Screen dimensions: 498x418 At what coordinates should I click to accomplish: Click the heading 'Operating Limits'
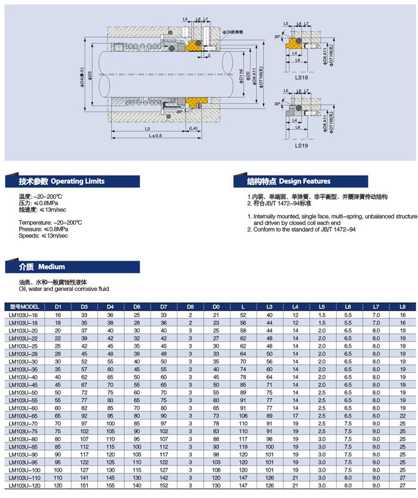pos(78,181)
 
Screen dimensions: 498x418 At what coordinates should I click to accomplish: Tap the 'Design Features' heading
pos(304,181)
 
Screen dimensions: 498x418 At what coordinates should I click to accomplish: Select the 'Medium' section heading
pos(51,267)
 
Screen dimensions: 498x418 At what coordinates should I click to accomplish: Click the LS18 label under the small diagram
pos(300,77)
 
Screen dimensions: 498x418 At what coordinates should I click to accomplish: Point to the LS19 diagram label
pos(300,144)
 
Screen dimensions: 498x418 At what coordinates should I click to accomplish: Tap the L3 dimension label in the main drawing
pos(146,129)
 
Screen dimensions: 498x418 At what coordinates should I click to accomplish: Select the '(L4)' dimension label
pos(193,129)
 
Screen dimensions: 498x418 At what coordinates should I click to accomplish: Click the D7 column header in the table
pos(163,307)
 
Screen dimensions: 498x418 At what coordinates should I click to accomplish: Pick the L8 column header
pos(402,307)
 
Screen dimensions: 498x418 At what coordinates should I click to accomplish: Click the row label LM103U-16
pos(24,314)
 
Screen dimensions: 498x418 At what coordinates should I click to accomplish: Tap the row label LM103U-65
pos(24,415)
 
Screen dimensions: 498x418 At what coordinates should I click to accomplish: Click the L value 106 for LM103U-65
pos(243,415)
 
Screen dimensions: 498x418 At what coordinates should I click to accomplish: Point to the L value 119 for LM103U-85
pos(243,446)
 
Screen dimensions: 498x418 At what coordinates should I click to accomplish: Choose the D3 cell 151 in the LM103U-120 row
pos(84,486)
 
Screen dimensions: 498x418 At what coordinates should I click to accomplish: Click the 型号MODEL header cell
pos(24,307)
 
